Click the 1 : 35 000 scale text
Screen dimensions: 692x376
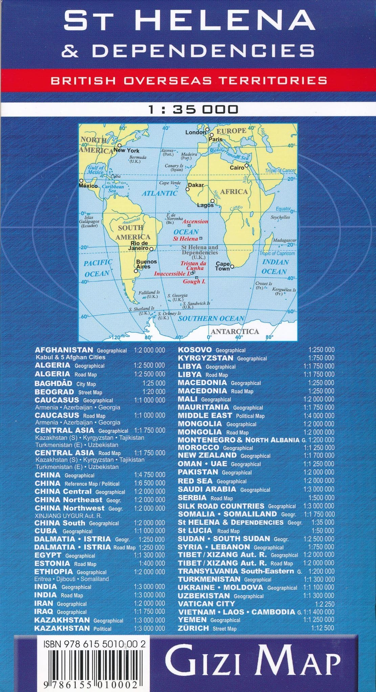coord(193,109)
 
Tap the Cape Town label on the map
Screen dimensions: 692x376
coord(223,266)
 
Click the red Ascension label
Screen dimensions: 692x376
coord(195,221)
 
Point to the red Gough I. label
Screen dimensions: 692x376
coord(194,281)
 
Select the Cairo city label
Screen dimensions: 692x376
coord(237,168)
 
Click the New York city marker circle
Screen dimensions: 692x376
coord(119,145)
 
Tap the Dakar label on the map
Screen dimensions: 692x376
coord(196,185)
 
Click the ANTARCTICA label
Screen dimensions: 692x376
coord(235,331)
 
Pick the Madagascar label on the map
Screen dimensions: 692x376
coord(284,240)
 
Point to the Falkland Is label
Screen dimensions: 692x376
coord(149,293)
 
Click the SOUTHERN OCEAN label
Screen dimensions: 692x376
coord(211,318)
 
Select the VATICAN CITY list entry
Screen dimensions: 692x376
coord(206,603)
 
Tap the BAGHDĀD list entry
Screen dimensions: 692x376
coord(53,383)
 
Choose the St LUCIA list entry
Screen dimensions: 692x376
coord(195,530)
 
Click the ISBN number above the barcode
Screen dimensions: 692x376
coord(95,644)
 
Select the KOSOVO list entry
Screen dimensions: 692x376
coord(195,350)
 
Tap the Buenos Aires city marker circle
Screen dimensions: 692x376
coord(136,271)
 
